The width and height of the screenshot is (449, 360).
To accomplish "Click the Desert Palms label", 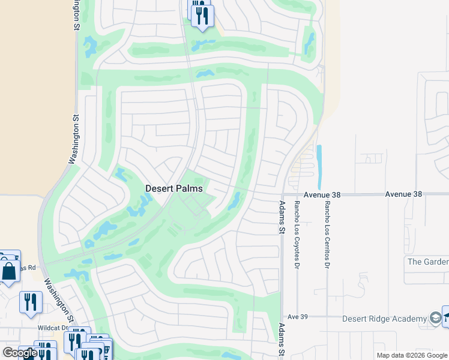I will pyautogui.click(x=174, y=188).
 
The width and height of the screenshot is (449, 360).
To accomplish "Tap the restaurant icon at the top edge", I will pyautogui.click(x=202, y=14).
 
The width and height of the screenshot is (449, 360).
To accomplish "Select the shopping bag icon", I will pyautogui.click(x=10, y=271).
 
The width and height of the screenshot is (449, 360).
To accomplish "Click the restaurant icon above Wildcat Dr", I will pyautogui.click(x=31, y=302).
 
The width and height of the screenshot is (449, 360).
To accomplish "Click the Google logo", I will pyautogui.click(x=20, y=353).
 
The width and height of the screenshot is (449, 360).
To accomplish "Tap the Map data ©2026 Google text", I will pyautogui.click(x=412, y=355).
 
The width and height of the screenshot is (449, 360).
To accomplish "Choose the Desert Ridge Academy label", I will pyautogui.click(x=384, y=319).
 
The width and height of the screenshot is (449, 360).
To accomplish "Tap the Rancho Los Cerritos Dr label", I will pyautogui.click(x=327, y=235).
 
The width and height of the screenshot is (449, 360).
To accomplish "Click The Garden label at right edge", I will pyautogui.click(x=428, y=262).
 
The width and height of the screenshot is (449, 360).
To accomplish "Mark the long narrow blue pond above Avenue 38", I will pyautogui.click(x=319, y=166).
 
